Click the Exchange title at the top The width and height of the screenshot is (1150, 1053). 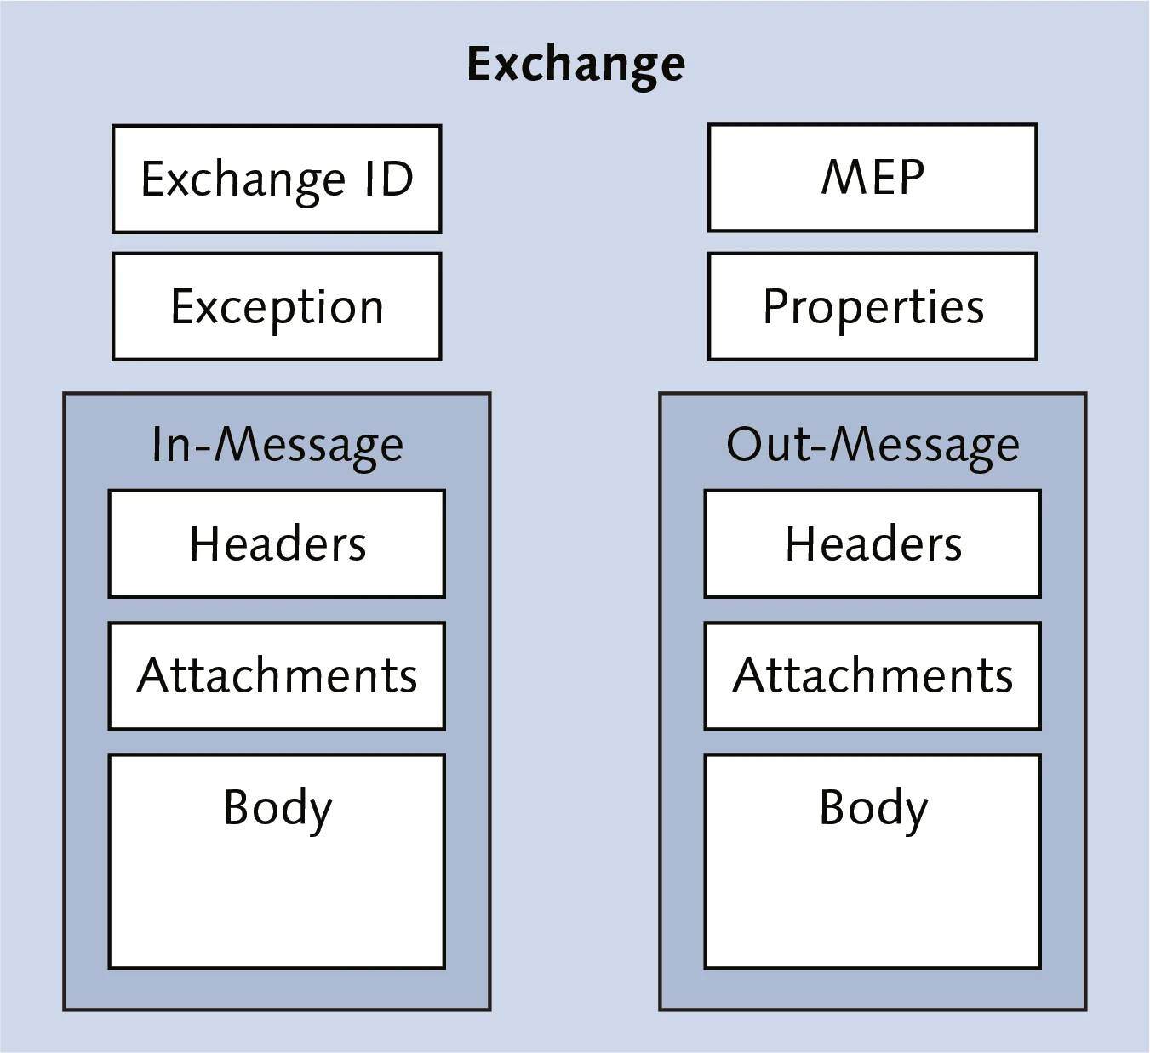(x=575, y=64)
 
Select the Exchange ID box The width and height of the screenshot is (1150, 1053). (x=277, y=179)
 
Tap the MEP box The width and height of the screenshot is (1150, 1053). (x=873, y=177)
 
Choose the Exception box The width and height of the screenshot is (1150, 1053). (x=277, y=306)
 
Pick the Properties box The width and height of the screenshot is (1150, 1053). (x=873, y=306)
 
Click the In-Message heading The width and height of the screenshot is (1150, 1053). (x=277, y=444)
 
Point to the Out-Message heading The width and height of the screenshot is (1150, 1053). (x=873, y=444)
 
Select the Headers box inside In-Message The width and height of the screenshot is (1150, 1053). (x=277, y=544)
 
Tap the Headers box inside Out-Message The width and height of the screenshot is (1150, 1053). (x=873, y=544)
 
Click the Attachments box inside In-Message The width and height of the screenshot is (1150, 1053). (x=277, y=675)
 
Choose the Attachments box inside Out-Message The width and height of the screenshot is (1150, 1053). (x=873, y=675)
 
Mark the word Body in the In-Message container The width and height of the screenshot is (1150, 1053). (x=277, y=808)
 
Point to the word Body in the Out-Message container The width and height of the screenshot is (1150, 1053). (x=873, y=808)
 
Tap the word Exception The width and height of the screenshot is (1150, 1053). (x=277, y=307)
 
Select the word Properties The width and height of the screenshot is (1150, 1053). (x=873, y=307)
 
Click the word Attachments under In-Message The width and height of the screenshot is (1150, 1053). (x=277, y=675)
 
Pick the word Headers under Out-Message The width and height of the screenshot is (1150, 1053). (x=873, y=544)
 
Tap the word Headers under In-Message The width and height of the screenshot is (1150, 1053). (x=277, y=544)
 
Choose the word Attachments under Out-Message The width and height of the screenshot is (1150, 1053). (x=873, y=675)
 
